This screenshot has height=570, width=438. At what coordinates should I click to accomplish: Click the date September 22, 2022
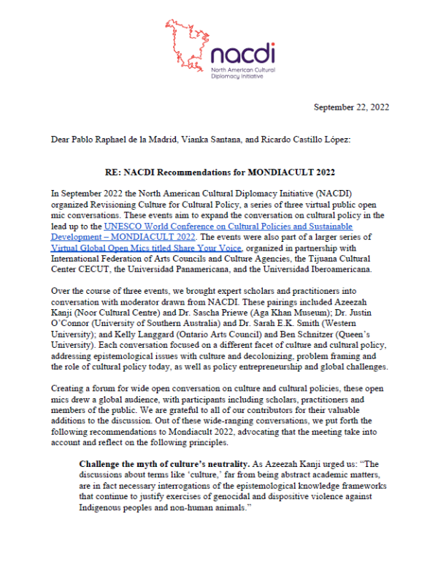tap(351, 107)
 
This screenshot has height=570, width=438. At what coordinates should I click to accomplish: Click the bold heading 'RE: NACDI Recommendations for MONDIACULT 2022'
tap(218, 172)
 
